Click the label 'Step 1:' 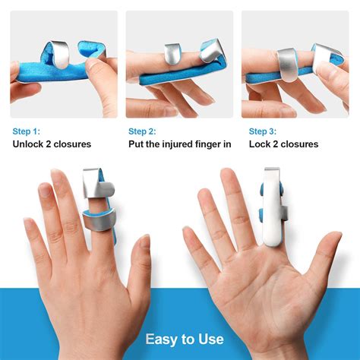pyautogui.click(x=27, y=131)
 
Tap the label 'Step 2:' pyautogui.click(x=144, y=131)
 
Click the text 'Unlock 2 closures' pyautogui.click(x=52, y=144)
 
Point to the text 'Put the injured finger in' pyautogui.click(x=179, y=144)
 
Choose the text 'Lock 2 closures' pyautogui.click(x=283, y=144)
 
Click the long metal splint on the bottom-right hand pyautogui.click(x=272, y=205)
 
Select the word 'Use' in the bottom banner pyautogui.click(x=210, y=339)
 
